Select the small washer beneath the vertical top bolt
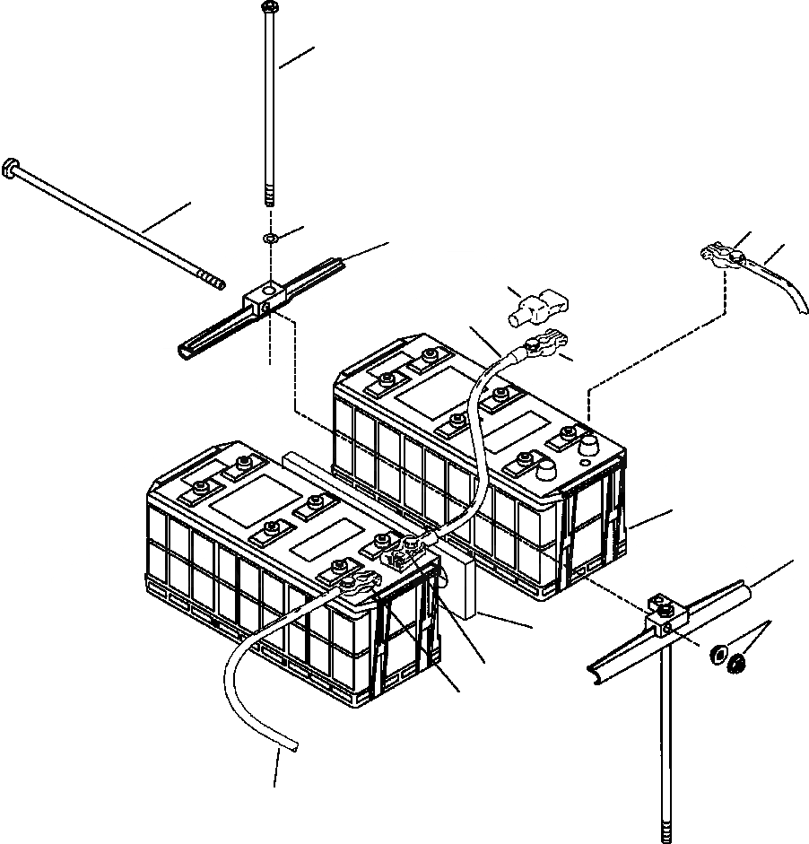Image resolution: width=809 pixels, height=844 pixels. [x=269, y=239]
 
